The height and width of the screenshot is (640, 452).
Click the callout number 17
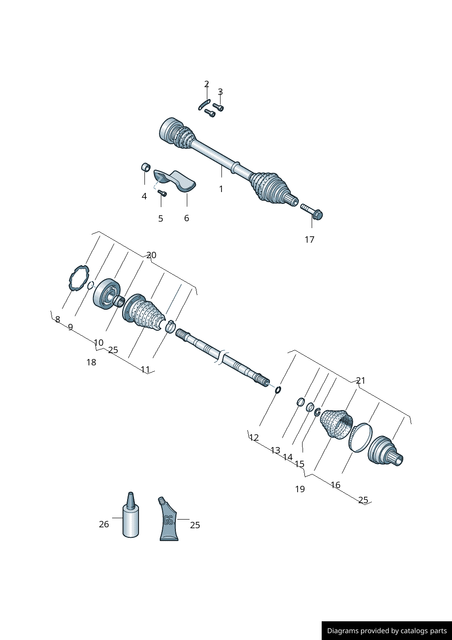point(309,239)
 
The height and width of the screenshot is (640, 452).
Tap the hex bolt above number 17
point(312,212)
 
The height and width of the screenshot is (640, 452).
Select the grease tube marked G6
point(169,520)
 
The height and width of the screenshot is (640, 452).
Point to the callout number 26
point(104,524)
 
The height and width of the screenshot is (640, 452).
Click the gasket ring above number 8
point(78,277)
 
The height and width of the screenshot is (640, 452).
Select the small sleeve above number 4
point(146,167)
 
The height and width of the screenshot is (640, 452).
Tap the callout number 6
point(186,218)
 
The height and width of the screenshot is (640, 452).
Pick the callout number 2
point(206,84)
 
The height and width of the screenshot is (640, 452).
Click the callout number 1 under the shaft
point(221,189)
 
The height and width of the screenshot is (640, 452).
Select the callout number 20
point(151,255)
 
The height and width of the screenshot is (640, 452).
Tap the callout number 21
point(360,380)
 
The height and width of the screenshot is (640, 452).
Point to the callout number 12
point(254,437)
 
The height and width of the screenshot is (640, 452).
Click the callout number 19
point(300,489)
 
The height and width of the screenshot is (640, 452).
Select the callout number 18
point(91,362)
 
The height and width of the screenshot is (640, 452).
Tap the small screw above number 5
point(162,193)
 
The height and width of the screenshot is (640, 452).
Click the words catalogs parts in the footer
point(423,631)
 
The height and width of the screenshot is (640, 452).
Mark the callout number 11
point(145,369)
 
